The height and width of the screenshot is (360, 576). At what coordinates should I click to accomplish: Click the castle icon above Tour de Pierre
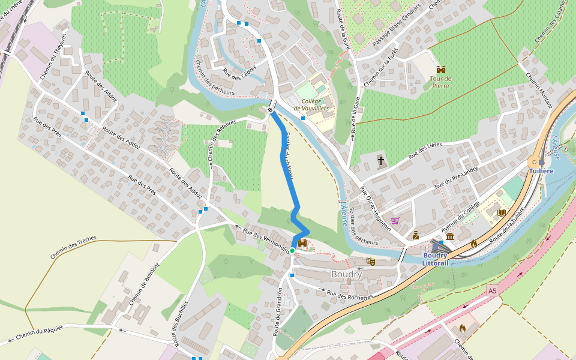pyautogui.click(x=441, y=70)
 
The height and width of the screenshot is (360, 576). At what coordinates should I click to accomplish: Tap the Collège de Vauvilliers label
pyautogui.click(x=315, y=105)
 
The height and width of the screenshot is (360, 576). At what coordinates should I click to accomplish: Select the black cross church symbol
pyautogui.click(x=380, y=160)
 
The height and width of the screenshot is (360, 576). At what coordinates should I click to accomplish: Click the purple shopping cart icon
pyautogui.click(x=395, y=221)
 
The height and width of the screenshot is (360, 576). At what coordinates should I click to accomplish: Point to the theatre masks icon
pyautogui.click(x=371, y=262)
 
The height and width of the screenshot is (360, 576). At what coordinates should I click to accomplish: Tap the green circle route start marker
pyautogui.click(x=292, y=251)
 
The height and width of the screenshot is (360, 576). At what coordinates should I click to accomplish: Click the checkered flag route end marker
pyautogui.click(x=271, y=110)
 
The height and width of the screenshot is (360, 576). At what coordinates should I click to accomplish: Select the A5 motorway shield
pyautogui.click(x=493, y=290)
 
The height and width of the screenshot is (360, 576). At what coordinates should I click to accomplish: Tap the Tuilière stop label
pyautogui.click(x=541, y=171)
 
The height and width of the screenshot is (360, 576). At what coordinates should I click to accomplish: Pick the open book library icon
pyautogui.click(x=501, y=212)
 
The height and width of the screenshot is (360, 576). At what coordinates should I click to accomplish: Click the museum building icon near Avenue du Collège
pyautogui.click(x=450, y=238)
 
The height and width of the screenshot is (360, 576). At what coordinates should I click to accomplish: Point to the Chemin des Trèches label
pyautogui.click(x=73, y=247)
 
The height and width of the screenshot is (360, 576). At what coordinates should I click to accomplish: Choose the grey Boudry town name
pyautogui.click(x=347, y=274)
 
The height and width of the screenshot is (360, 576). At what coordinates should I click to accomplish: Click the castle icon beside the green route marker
pyautogui.click(x=302, y=243)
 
